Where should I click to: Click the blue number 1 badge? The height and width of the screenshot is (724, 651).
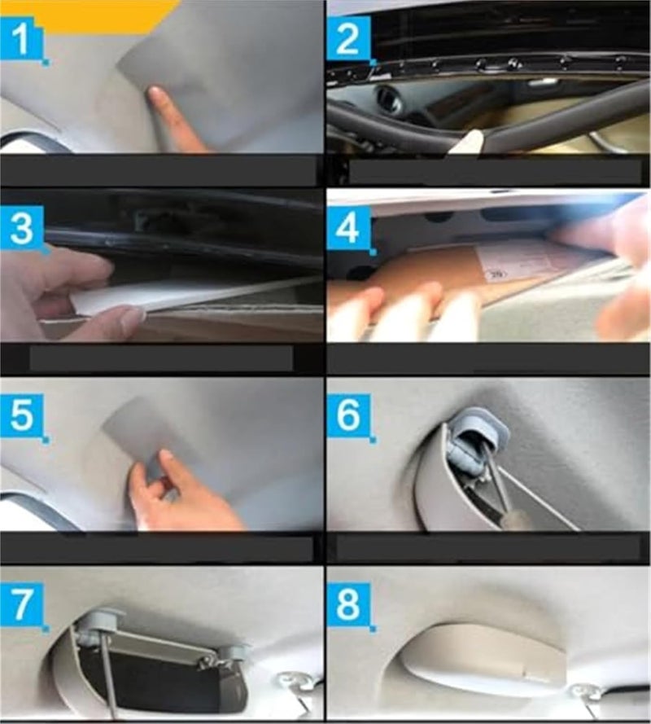coord(23,38)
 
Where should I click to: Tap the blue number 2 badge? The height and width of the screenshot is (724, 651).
coord(348,38)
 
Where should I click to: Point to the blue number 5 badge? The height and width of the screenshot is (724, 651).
coord(23,417)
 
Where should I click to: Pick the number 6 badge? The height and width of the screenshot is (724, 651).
coord(348,417)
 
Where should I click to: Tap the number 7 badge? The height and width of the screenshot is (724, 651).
coord(23,608)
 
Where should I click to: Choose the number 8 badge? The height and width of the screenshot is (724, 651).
coord(348,608)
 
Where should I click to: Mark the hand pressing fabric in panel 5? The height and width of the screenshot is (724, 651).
coord(175,493)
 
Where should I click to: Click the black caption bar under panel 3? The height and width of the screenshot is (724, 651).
coord(160,358)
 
